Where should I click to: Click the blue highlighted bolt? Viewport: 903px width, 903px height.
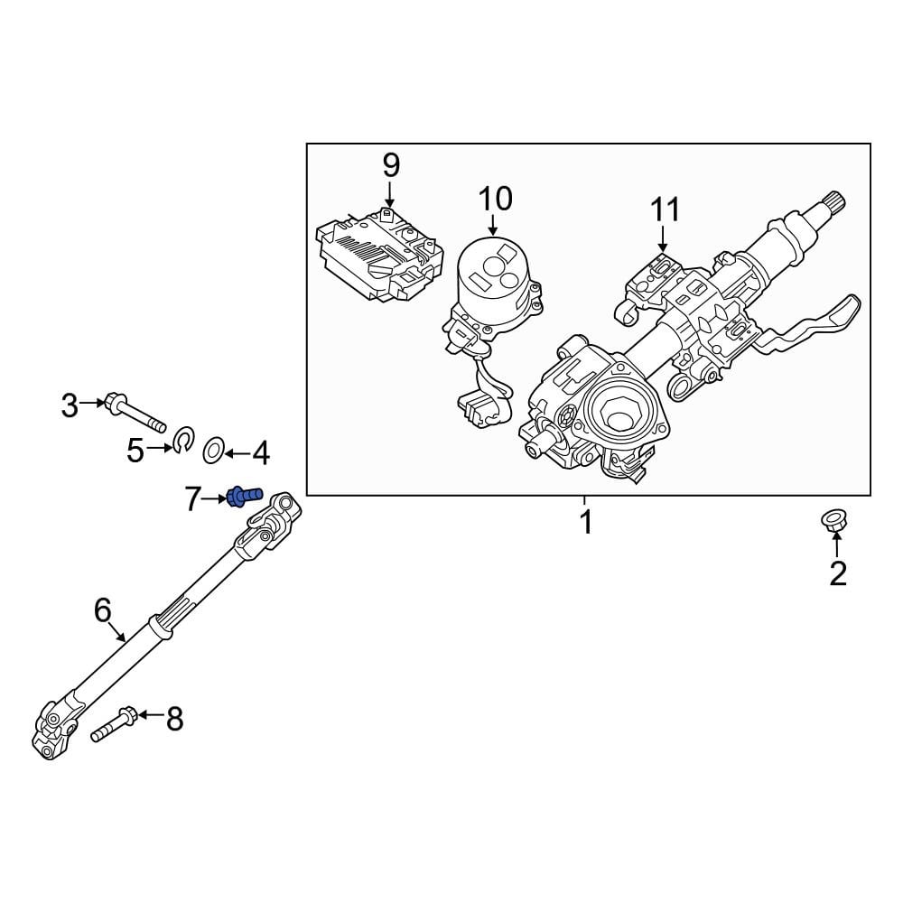242,496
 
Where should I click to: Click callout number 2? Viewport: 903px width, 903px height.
838,573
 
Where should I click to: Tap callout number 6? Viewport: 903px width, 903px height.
103,610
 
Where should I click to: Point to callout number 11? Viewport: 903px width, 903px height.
665,210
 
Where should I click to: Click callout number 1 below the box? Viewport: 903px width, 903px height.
586,522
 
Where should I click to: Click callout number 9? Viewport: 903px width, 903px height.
390,165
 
